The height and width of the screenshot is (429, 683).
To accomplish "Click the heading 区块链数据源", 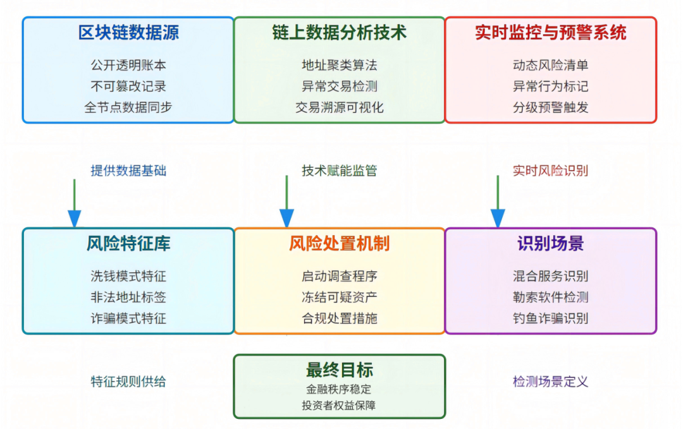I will click(128, 33).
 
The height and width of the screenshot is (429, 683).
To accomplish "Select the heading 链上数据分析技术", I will click(339, 33).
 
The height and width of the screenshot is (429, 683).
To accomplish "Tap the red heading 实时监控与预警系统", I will click(550, 33).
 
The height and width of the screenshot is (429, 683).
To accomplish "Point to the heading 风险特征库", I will click(128, 244).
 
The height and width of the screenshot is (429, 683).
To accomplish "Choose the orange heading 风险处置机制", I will click(339, 244).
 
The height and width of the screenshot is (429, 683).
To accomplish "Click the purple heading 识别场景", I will click(550, 244).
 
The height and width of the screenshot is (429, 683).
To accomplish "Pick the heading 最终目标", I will click(339, 370).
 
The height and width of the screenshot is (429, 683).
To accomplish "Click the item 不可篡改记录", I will click(128, 86).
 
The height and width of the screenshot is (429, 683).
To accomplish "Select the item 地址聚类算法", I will click(339, 65).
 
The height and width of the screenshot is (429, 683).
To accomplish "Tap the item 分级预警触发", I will click(550, 107).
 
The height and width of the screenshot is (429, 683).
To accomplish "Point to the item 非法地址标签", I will click(128, 297).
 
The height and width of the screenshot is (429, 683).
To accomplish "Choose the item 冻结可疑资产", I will click(339, 297).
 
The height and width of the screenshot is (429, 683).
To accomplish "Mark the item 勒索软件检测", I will click(550, 297).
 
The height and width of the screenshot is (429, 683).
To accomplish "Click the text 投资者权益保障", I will click(339, 405).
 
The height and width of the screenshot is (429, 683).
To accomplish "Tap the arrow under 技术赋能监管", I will click(287, 202).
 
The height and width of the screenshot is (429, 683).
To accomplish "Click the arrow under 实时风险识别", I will click(498, 202).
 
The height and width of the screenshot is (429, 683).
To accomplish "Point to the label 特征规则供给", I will click(128, 382).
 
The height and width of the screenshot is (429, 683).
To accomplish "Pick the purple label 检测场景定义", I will click(550, 382).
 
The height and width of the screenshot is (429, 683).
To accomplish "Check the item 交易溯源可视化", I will click(339, 107).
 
